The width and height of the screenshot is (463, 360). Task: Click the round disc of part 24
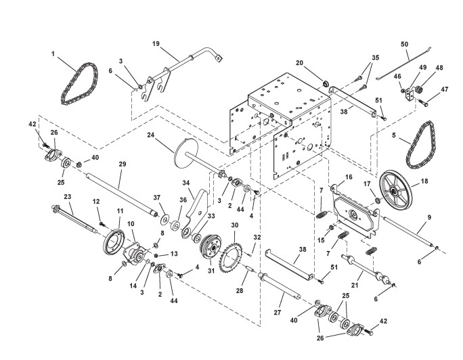(186, 153)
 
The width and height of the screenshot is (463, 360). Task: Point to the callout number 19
(156, 44)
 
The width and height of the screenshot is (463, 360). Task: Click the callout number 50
(404, 44)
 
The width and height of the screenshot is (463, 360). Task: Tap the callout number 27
(278, 313)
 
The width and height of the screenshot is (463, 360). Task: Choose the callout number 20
(299, 63)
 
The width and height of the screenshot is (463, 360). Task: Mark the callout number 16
(349, 177)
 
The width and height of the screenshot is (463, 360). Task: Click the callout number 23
(68, 196)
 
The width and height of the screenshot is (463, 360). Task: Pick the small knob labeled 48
(418, 89)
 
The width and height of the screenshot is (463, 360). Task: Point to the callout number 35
(375, 58)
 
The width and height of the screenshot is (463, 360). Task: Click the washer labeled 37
(164, 219)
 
